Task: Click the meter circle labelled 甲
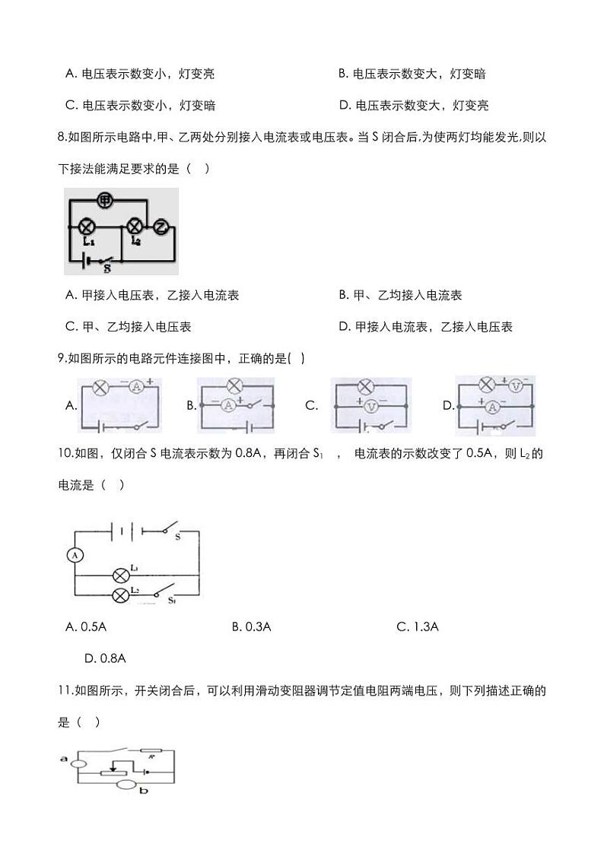click(105, 201)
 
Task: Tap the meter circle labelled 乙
click(160, 226)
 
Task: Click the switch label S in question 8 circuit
click(107, 268)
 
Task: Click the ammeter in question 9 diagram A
click(136, 387)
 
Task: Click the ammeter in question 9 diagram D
click(491, 407)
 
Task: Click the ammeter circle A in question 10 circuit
click(75, 556)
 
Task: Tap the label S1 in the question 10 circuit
click(172, 601)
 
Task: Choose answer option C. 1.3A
click(418, 626)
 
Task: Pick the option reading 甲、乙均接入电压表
click(129, 327)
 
